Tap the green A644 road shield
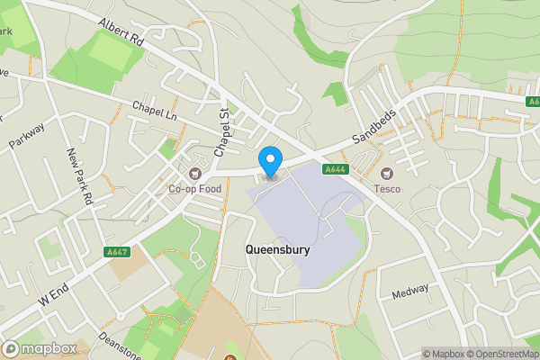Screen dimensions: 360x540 point(335,168)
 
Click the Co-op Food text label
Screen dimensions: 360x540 point(195,189)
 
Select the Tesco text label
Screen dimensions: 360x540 point(388,189)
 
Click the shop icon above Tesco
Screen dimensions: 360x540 point(388,174)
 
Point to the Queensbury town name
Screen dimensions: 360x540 point(278,251)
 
